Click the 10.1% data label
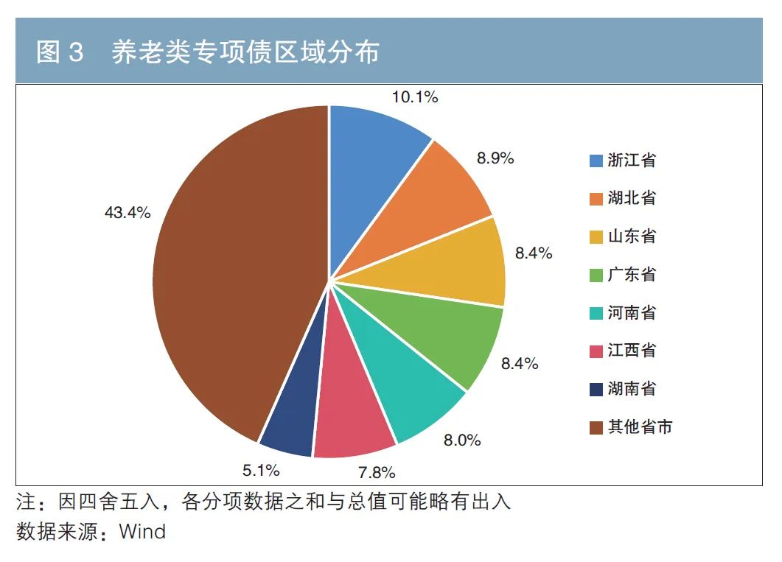coord(415,96)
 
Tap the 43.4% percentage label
coord(128,213)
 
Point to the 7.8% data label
coord(376,472)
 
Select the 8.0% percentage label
coord(462,440)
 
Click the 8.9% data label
coord(495,158)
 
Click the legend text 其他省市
coord(640,426)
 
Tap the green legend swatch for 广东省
coord(596,275)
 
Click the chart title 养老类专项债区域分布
coord(245,52)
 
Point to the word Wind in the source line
coord(142,531)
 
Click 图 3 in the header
coord(60,52)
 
